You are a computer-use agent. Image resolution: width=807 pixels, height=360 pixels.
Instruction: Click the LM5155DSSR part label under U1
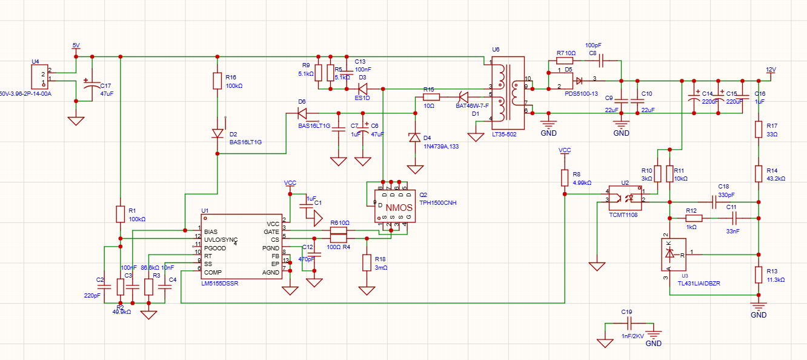click(219, 283)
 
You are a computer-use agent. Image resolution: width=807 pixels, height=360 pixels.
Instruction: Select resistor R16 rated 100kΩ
click(218, 81)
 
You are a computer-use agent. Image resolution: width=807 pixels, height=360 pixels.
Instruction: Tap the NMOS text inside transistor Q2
click(399, 208)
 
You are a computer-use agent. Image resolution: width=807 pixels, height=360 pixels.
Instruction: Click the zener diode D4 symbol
click(414, 138)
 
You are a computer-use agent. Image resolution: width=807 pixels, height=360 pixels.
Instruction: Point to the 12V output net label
click(771, 70)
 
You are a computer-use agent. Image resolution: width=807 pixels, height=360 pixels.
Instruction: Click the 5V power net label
click(76, 45)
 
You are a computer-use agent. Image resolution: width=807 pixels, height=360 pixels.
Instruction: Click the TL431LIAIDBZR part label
click(695, 283)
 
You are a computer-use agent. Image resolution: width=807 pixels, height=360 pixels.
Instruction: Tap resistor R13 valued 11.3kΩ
click(758, 275)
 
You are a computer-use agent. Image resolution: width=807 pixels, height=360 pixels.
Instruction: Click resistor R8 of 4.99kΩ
click(565, 178)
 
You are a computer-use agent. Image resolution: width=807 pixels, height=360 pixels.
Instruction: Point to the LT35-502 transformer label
click(504, 134)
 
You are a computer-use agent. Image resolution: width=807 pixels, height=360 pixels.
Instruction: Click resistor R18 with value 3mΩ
click(367, 262)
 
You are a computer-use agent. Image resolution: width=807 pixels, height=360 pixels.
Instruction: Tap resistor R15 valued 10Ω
click(430, 97)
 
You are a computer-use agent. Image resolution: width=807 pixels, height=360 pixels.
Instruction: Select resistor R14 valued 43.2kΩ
click(758, 174)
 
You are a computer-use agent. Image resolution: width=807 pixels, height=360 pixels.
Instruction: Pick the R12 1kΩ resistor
click(694, 218)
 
